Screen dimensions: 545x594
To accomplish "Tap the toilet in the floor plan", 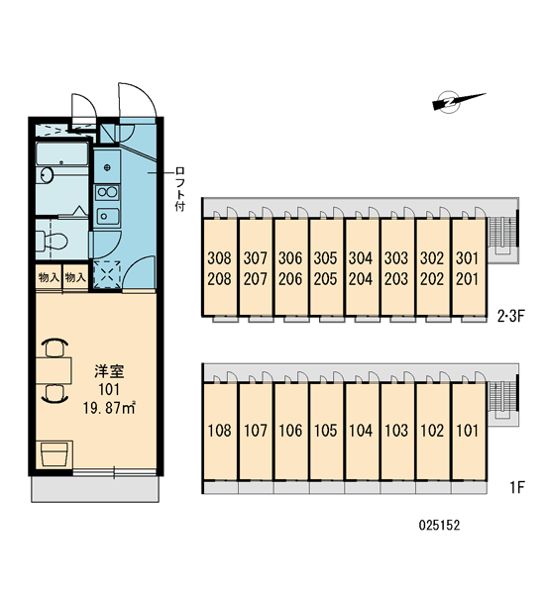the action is click(x=53, y=241).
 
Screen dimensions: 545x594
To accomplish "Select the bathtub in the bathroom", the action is click(x=62, y=153).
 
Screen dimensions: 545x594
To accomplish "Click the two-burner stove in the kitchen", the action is click(x=107, y=192).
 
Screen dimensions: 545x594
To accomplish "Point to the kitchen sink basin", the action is click(x=107, y=216).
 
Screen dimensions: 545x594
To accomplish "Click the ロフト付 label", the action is click(x=179, y=188).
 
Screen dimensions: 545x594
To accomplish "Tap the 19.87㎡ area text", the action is click(x=109, y=408).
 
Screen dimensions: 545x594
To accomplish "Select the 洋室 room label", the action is click(x=109, y=371).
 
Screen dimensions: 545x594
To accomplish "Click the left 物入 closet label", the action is click(x=49, y=277).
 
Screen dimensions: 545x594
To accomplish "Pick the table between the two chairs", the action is click(x=54, y=370).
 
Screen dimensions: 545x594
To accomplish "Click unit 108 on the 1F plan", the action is click(x=220, y=431).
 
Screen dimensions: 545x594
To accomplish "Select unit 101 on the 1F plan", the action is click(x=468, y=431).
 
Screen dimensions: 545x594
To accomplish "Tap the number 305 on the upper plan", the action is click(x=325, y=258).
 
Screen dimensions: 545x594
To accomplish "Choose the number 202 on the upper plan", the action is click(x=432, y=279).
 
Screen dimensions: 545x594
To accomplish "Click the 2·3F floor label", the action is click(x=510, y=316).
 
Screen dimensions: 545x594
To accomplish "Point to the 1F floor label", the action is click(x=516, y=487).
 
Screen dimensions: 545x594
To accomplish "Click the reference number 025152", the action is click(x=439, y=525).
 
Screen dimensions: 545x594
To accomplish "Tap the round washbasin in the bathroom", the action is click(x=47, y=175).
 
